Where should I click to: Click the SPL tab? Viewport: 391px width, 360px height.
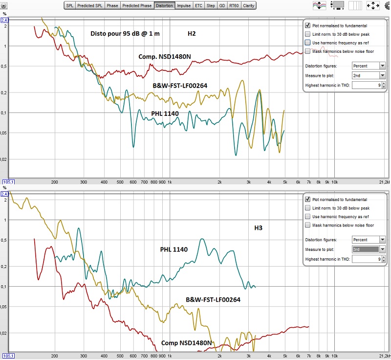click(69, 5)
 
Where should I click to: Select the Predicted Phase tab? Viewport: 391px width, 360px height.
click(137, 5)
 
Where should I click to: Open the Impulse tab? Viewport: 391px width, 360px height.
click(184, 5)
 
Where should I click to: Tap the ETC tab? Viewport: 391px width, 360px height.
click(198, 5)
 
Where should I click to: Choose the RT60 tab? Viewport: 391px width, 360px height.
click(234, 5)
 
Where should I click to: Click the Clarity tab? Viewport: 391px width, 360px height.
click(249, 5)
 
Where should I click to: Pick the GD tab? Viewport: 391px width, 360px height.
click(222, 5)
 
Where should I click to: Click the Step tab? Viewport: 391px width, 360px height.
click(211, 5)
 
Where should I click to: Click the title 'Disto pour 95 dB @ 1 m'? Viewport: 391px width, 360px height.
click(125, 34)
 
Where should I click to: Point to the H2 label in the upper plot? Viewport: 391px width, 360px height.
click(192, 34)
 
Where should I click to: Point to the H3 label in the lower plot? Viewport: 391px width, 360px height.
click(259, 228)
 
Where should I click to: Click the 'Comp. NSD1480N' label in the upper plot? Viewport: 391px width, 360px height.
click(165, 57)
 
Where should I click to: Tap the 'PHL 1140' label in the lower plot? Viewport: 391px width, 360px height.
click(174, 249)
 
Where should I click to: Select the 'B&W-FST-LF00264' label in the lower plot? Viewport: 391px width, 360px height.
click(213, 300)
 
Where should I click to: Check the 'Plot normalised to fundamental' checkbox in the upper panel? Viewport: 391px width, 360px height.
click(308, 25)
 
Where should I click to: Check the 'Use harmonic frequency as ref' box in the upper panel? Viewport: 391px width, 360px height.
click(308, 43)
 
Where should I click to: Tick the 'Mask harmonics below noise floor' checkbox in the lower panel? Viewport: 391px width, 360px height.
click(308, 225)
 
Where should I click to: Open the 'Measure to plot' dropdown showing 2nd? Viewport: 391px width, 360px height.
click(369, 75)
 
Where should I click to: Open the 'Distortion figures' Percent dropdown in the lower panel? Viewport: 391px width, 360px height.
click(369, 240)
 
